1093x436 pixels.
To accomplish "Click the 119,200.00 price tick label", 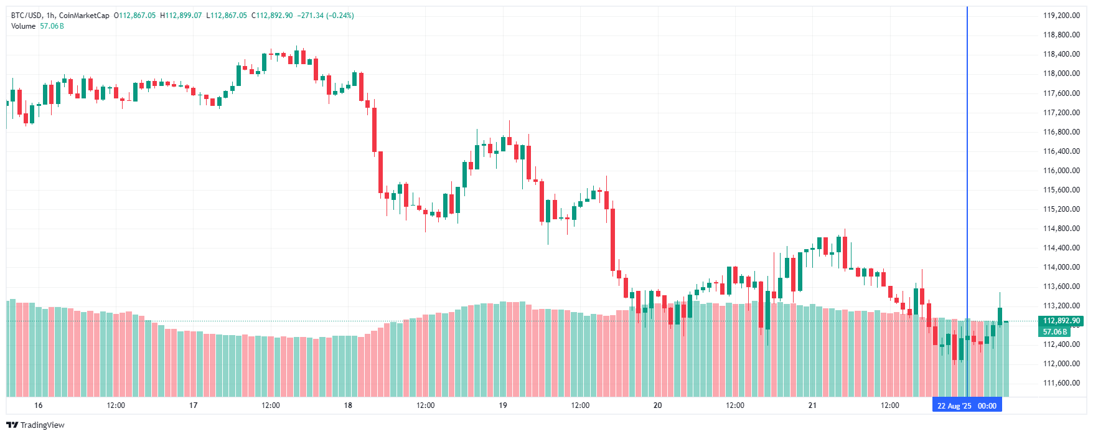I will [1061, 16].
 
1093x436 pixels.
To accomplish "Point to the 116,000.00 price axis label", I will [1061, 171].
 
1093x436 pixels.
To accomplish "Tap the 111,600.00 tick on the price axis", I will [1061, 383].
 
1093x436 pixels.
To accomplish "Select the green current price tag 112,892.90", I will [1061, 321].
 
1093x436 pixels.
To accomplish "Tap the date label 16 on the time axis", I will [39, 405].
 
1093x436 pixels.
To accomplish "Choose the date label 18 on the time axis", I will [348, 405].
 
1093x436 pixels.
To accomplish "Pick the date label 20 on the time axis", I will [657, 405].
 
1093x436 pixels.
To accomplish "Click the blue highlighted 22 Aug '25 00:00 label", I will [967, 406].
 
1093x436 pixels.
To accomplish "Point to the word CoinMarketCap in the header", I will [84, 16].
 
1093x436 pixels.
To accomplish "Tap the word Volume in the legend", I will [23, 26].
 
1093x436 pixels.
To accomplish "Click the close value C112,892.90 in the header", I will [272, 16].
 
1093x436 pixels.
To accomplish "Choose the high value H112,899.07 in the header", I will [181, 16].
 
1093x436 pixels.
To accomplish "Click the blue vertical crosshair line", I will [967, 187].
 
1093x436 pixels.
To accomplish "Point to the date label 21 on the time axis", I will [812, 405].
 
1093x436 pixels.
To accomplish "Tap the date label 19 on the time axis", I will [503, 405].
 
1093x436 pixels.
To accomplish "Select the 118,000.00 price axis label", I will [1061, 73].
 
